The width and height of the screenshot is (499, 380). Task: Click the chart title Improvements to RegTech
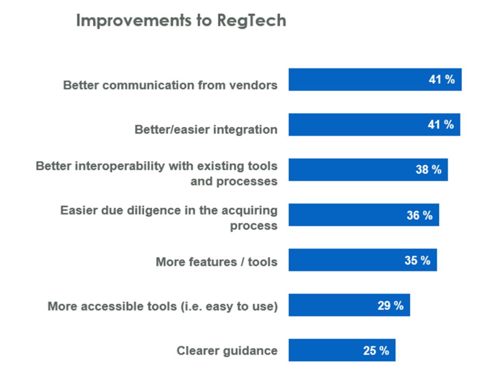[x=180, y=21]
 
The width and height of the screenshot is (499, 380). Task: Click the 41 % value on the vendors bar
[x=442, y=80]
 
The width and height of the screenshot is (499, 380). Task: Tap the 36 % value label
[x=419, y=215]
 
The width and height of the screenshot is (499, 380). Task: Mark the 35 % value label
[x=417, y=260]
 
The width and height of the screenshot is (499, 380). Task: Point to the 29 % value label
[x=391, y=305]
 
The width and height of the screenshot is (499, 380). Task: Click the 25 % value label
[x=376, y=350]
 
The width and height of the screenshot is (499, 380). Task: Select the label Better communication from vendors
[x=170, y=85]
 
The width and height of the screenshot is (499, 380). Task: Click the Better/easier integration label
[x=206, y=130]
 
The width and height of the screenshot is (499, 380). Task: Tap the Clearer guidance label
[x=227, y=351]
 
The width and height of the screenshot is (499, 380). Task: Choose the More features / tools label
[x=216, y=262]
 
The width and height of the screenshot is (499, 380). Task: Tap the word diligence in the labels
[x=163, y=210]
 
